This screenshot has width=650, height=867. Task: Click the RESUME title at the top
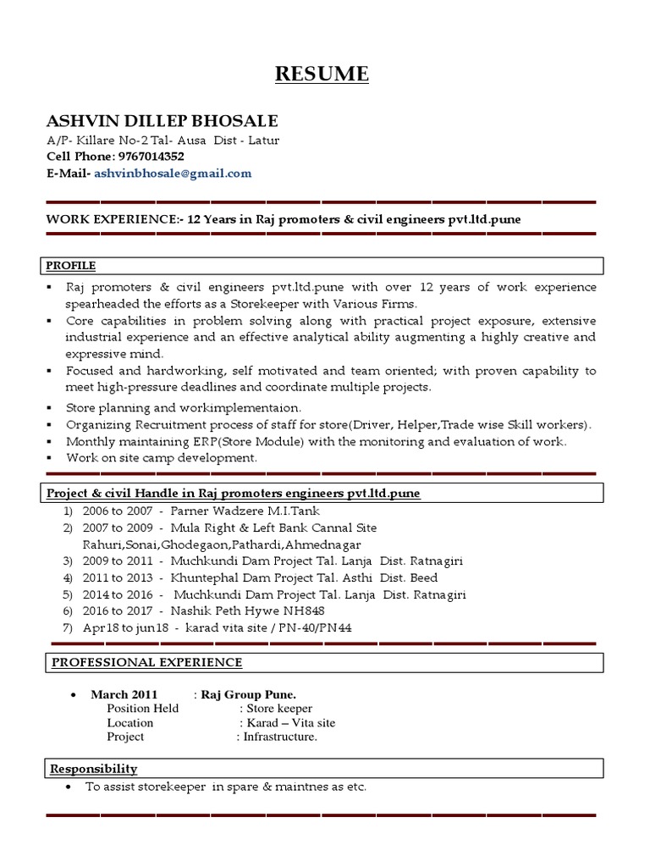pos(322,75)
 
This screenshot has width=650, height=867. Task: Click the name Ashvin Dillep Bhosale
pos(162,120)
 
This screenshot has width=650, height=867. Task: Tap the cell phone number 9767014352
pos(151,157)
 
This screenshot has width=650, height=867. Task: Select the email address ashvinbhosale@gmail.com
pos(173,174)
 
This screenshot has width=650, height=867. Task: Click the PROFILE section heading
pos(70,265)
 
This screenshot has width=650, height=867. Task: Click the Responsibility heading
pos(93,769)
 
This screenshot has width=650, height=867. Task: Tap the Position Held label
pos(143,709)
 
